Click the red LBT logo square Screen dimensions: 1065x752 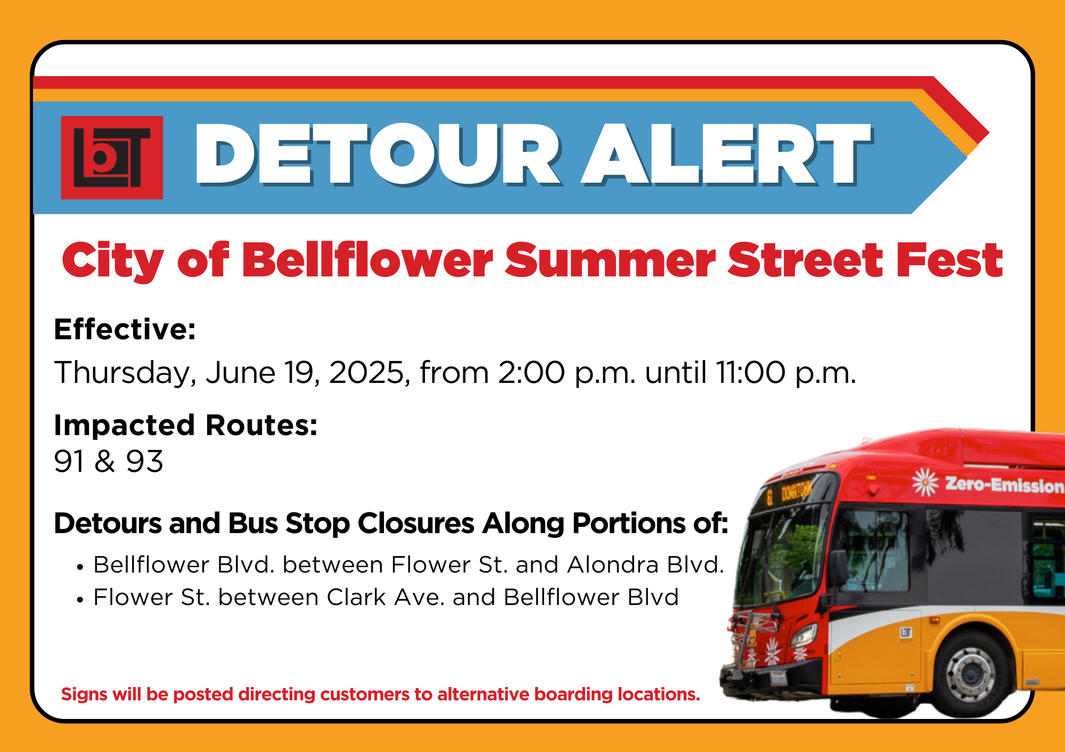(x=112, y=158)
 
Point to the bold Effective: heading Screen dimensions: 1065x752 (x=125, y=329)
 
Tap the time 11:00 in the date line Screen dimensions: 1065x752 (x=751, y=372)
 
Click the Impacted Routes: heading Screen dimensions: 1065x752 (x=186, y=426)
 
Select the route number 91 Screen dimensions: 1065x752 (x=69, y=461)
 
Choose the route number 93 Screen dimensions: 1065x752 (x=144, y=461)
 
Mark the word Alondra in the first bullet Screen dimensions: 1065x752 (x=613, y=565)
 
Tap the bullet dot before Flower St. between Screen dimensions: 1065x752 (x=80, y=600)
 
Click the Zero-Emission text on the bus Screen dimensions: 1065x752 (x=1004, y=485)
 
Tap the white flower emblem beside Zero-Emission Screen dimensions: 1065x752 (x=925, y=482)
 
